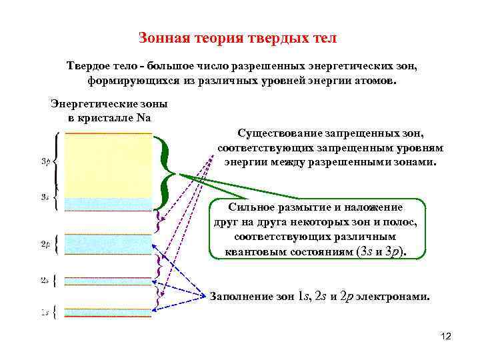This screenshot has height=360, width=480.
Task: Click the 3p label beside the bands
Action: pyautogui.click(x=45, y=161)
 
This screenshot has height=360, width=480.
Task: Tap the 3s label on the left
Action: pyautogui.click(x=45, y=197)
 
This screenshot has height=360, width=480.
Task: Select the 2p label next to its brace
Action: pyautogui.click(x=45, y=245)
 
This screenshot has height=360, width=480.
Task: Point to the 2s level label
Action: pyautogui.click(x=45, y=281)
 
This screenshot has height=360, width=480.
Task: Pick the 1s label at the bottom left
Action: pyautogui.click(x=45, y=311)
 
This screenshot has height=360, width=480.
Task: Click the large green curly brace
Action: pyautogui.click(x=166, y=172)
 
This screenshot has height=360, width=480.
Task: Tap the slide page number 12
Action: pyautogui.click(x=446, y=336)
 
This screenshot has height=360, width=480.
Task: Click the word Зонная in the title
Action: pyautogui.click(x=161, y=37)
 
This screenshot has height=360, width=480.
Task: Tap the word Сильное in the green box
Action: pyautogui.click(x=250, y=207)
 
